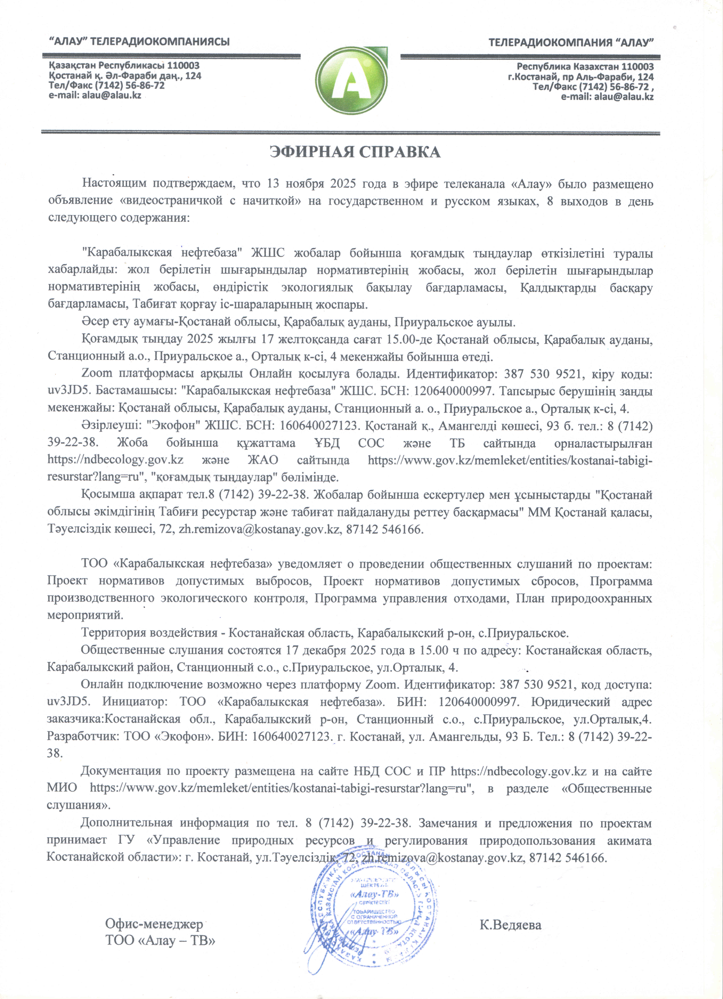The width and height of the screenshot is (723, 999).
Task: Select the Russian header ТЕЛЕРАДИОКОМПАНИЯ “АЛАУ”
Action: point(571,43)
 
